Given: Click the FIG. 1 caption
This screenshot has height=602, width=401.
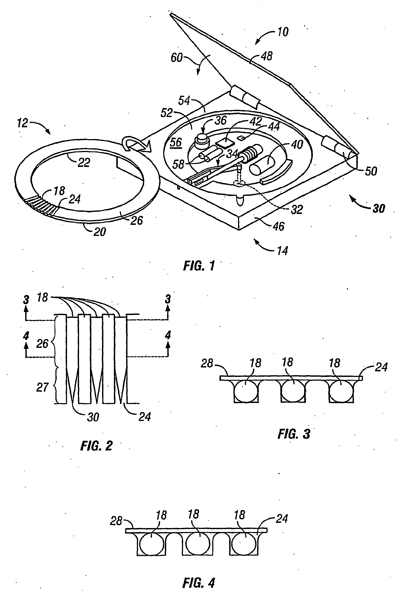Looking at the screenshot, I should click(199, 266).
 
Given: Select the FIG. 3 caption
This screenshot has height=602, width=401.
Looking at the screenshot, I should click(294, 434).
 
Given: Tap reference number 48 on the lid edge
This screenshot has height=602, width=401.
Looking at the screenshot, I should click(267, 56).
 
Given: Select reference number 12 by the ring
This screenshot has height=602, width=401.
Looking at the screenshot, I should click(22, 123).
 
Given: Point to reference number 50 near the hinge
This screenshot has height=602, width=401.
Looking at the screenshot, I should click(371, 171).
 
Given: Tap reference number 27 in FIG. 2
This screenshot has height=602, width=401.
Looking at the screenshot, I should click(42, 387).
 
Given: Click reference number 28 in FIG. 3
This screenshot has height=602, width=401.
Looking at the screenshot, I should click(207, 363).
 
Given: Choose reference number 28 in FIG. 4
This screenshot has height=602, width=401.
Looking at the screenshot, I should click(116, 521).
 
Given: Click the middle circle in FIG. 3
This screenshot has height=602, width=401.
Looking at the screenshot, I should click(293, 391).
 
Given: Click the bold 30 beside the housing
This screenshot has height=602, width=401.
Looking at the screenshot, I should click(378, 208).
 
